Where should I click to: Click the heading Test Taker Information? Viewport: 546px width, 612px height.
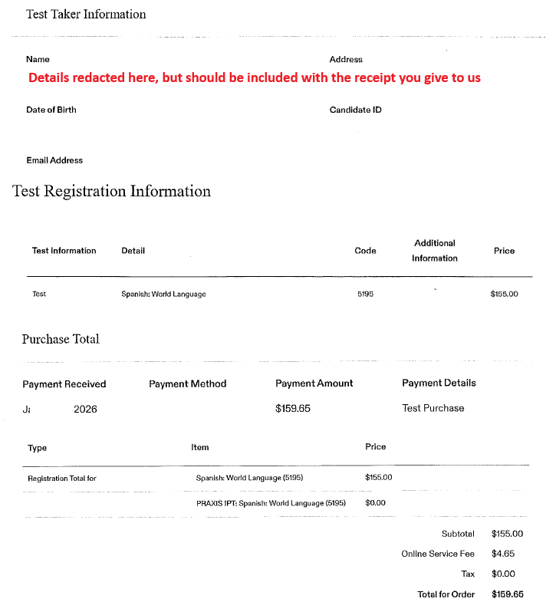pyautogui.click(x=86, y=14)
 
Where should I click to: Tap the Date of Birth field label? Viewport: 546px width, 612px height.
pyautogui.click(x=51, y=110)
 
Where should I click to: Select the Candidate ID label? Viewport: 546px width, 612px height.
pyautogui.click(x=355, y=110)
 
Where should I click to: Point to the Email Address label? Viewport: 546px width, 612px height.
pyautogui.click(x=54, y=160)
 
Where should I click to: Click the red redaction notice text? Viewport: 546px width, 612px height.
pyautogui.click(x=255, y=77)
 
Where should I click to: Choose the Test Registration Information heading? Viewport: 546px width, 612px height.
pyautogui.click(x=111, y=191)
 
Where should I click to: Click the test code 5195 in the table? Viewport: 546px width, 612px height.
pyautogui.click(x=365, y=294)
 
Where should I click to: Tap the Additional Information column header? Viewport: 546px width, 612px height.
pyautogui.click(x=434, y=251)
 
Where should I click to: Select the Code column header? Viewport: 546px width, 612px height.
pyautogui.click(x=365, y=251)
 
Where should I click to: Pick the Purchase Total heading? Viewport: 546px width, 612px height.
pyautogui.click(x=61, y=339)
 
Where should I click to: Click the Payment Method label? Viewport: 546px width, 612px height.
pyautogui.click(x=188, y=383)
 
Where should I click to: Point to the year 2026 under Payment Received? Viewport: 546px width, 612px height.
pyautogui.click(x=85, y=409)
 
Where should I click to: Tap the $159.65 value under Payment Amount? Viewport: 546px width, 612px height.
pyautogui.click(x=293, y=408)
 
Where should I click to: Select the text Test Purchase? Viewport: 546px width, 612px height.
pyautogui.click(x=433, y=408)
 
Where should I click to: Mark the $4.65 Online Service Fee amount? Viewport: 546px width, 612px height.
pyautogui.click(x=503, y=553)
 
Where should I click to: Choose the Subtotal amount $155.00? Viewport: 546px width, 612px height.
pyautogui.click(x=507, y=534)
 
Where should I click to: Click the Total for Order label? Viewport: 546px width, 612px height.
pyautogui.click(x=446, y=594)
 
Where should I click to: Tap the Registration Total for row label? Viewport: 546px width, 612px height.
pyautogui.click(x=61, y=478)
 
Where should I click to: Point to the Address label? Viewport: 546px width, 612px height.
pyautogui.click(x=346, y=59)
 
